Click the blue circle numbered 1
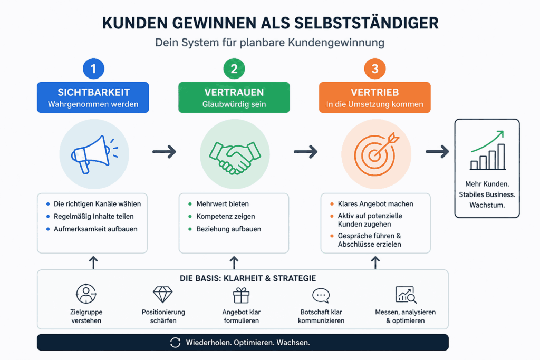pyautogui.click(x=93, y=69)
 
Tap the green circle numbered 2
pyautogui.click(x=234, y=69)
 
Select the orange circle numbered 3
pyautogui.click(x=375, y=69)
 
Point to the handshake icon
pyautogui.click(x=235, y=157)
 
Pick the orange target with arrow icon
pyautogui.click(x=376, y=154)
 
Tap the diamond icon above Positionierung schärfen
pyautogui.click(x=162, y=295)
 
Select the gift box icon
pyautogui.click(x=241, y=295)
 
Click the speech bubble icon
pyautogui.click(x=321, y=295)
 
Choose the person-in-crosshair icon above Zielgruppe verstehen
pyautogui.click(x=86, y=294)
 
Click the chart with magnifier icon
pyautogui.click(x=406, y=295)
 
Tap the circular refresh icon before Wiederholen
pyautogui.click(x=175, y=343)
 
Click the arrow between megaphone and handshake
pyautogui.click(x=165, y=152)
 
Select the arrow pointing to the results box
pyautogui.click(x=437, y=152)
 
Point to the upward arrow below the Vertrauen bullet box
pyautogui.click(x=234, y=262)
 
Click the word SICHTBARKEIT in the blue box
pyautogui.click(x=94, y=92)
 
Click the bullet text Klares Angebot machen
pyautogui.click(x=375, y=204)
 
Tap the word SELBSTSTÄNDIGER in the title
pyautogui.click(x=367, y=23)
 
